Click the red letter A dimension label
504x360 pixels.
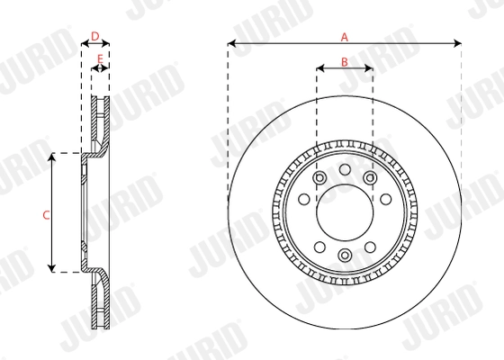[x=344, y=36]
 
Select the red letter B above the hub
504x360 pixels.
[x=344, y=61]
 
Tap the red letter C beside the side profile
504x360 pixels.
[x=46, y=214]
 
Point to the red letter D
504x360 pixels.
[x=95, y=36]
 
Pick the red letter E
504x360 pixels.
[x=101, y=61]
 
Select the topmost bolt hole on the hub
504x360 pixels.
[x=344, y=169]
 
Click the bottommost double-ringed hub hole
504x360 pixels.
[x=344, y=256]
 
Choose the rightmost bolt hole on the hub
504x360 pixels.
[x=386, y=200]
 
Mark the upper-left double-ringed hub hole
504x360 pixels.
[x=319, y=177]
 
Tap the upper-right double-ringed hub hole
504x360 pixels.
[x=370, y=177]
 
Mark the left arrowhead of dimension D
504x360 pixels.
[x=85, y=43]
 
